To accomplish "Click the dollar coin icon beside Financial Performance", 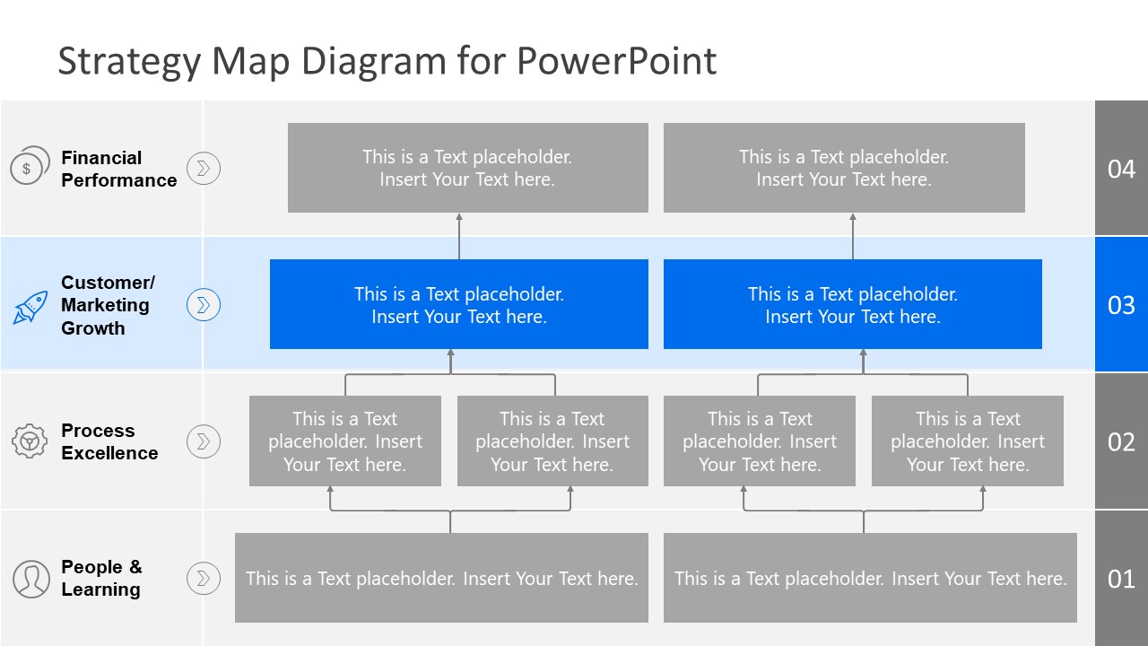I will (x=29, y=166).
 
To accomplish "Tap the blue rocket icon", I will (x=30, y=307).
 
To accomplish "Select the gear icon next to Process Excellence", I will (x=30, y=441).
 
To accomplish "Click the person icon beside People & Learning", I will (x=31, y=579).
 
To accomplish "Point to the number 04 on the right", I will (x=1121, y=169).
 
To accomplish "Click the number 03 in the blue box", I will (x=1121, y=305).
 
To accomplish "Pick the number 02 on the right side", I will (x=1121, y=441).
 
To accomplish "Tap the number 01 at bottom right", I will (x=1121, y=579).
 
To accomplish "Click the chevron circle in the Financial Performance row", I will (x=204, y=168).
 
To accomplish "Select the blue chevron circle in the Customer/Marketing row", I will (x=204, y=305).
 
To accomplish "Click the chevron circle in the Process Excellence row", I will (x=204, y=441).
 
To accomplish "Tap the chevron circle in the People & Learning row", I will (x=204, y=578).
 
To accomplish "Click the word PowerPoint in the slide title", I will (x=617, y=61).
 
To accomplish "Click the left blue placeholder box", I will (x=458, y=304).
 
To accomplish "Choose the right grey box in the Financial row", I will (x=844, y=168).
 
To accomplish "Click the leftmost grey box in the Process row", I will (x=345, y=441).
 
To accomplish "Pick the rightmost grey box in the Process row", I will (x=967, y=441).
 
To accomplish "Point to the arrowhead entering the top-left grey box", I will (x=459, y=217).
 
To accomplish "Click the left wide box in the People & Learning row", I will (x=441, y=578).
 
